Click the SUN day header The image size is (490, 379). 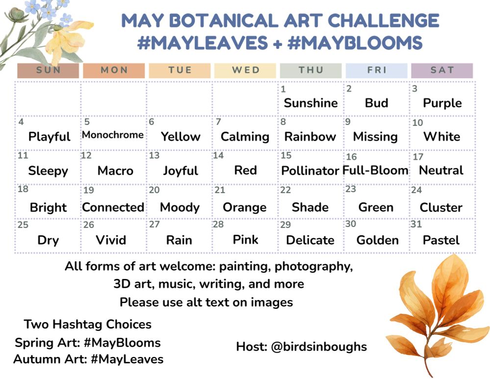tap(48, 70)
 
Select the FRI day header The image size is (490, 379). tap(376, 70)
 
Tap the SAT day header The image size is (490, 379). tap(442, 70)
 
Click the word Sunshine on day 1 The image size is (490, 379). tap(311, 103)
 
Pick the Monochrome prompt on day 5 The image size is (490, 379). tap(113, 135)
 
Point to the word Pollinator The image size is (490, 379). tap(310, 171)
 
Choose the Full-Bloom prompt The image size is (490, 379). tap(375, 171)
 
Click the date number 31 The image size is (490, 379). tap(416, 224)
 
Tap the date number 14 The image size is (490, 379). tap(219, 155)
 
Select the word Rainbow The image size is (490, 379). tap(310, 137)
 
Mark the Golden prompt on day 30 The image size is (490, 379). tap(377, 240)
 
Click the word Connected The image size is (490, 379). tap(113, 207)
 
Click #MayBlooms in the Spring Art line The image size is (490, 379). tap(122, 343)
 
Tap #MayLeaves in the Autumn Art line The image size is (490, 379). tap(127, 359)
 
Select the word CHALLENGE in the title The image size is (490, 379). tap(384, 21)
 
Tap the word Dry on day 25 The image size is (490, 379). tap(48, 240)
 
